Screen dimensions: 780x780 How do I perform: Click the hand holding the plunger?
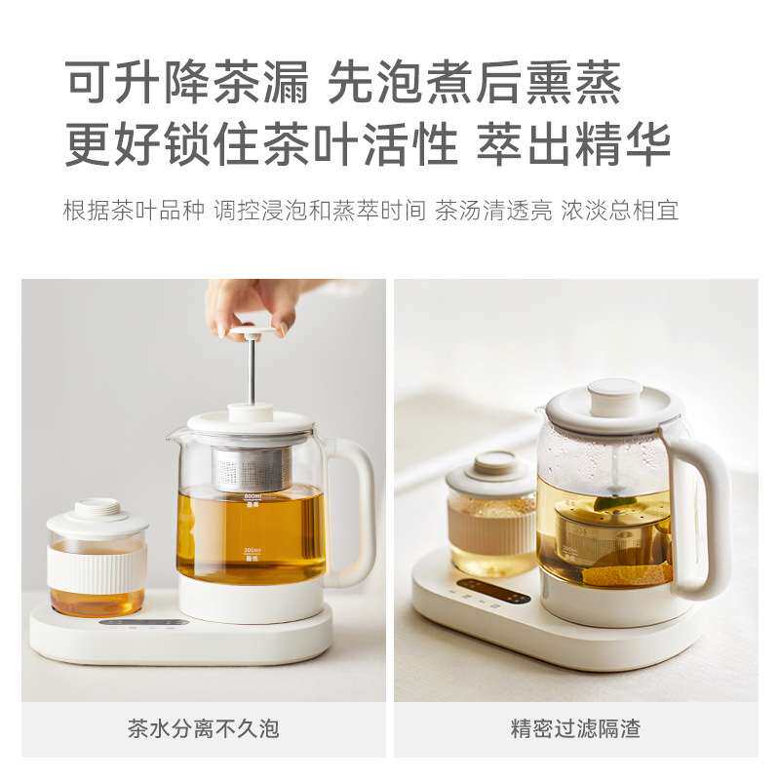coord(252,302)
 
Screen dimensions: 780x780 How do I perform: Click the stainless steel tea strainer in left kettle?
coord(251,469)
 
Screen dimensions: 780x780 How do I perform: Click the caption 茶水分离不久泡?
coord(203,728)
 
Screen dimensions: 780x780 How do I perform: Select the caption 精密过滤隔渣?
coord(575,728)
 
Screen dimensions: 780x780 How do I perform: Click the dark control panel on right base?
coord(492,591)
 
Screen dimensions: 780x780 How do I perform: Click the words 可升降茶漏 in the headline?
coord(185,84)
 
